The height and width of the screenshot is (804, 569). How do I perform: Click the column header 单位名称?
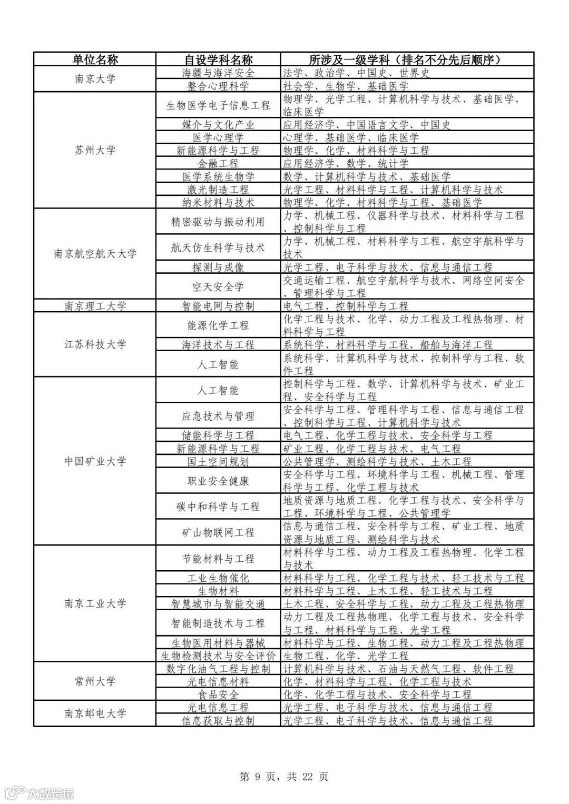[x=95, y=59]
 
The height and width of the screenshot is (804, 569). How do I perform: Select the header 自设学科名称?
[x=218, y=59]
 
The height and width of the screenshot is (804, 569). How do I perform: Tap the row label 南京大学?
[x=95, y=79]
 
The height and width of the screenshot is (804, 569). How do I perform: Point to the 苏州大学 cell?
[x=95, y=150]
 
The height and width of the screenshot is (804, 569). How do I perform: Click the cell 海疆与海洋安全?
[x=218, y=73]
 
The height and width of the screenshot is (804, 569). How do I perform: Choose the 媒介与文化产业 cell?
[x=218, y=125]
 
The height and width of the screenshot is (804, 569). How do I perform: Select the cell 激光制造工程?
[x=218, y=190]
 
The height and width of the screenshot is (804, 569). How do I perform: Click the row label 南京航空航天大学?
[x=95, y=254]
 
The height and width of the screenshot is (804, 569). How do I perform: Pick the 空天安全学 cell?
[x=218, y=286]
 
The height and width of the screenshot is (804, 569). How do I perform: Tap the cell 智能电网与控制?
[x=218, y=306]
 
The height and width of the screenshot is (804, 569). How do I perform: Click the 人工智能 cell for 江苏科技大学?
[x=218, y=364]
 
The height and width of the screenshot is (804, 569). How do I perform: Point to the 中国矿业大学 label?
[x=95, y=461]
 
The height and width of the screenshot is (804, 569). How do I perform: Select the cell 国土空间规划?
[x=218, y=462]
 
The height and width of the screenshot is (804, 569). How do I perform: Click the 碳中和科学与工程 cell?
[x=218, y=507]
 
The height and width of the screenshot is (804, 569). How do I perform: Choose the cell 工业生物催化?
[x=218, y=578]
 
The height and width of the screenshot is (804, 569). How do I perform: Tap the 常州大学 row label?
[x=95, y=681]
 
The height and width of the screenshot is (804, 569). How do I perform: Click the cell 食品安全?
[x=218, y=694]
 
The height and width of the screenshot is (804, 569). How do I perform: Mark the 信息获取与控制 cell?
[x=218, y=720]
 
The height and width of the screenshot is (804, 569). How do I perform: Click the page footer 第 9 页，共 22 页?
[x=284, y=777]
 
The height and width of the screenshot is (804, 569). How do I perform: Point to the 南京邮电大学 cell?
[x=95, y=713]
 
